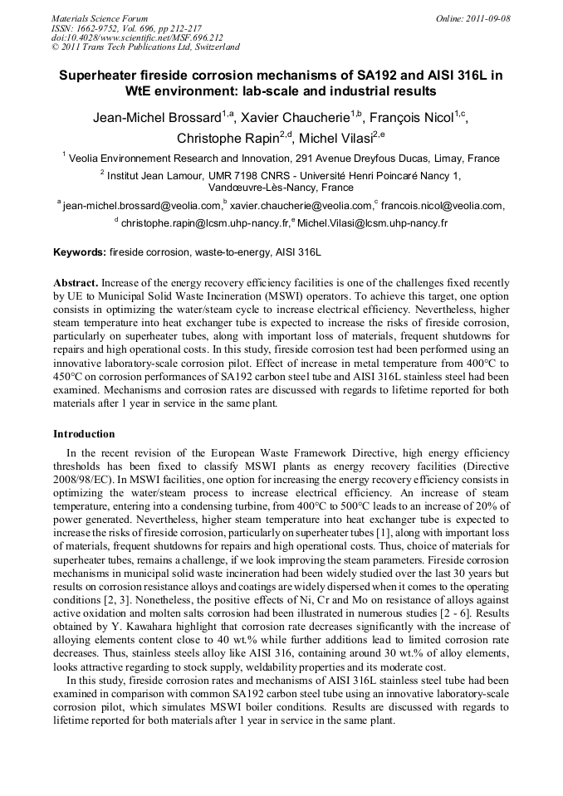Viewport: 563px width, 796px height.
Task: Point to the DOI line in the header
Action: [x=137, y=37]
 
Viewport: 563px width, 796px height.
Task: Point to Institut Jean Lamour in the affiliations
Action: [x=157, y=175]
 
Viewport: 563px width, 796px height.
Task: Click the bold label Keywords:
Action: [x=80, y=251]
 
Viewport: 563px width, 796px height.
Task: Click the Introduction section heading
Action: [x=84, y=434]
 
